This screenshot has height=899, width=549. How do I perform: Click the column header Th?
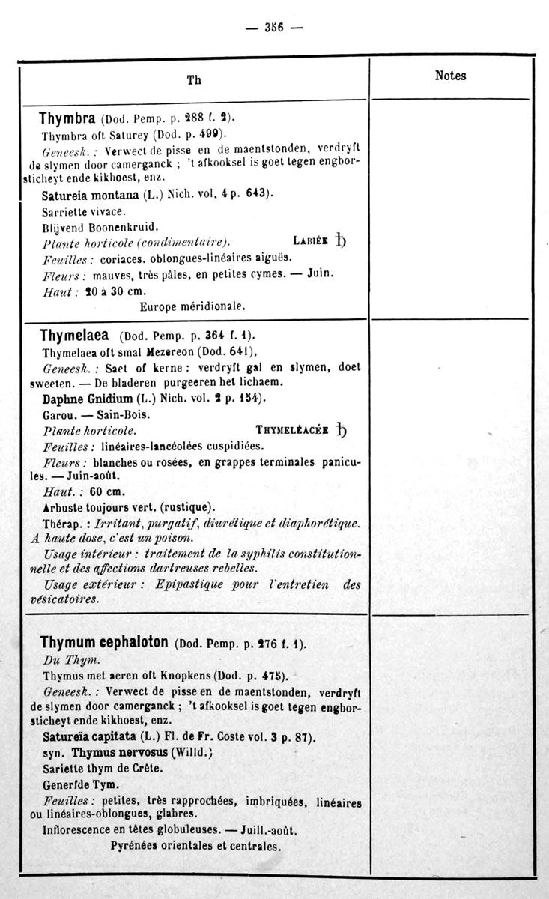tap(194, 79)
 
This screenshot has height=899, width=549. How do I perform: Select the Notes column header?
tap(450, 76)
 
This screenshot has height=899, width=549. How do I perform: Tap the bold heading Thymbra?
tap(67, 118)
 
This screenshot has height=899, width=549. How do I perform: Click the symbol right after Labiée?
tap(341, 240)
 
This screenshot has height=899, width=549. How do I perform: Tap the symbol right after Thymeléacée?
tap(342, 430)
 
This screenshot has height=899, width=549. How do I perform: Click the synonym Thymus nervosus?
tap(121, 752)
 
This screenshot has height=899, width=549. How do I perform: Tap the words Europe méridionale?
tap(193, 306)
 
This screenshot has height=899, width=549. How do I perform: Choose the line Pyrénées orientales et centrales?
tap(195, 847)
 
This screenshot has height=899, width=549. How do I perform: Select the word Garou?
tap(57, 414)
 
